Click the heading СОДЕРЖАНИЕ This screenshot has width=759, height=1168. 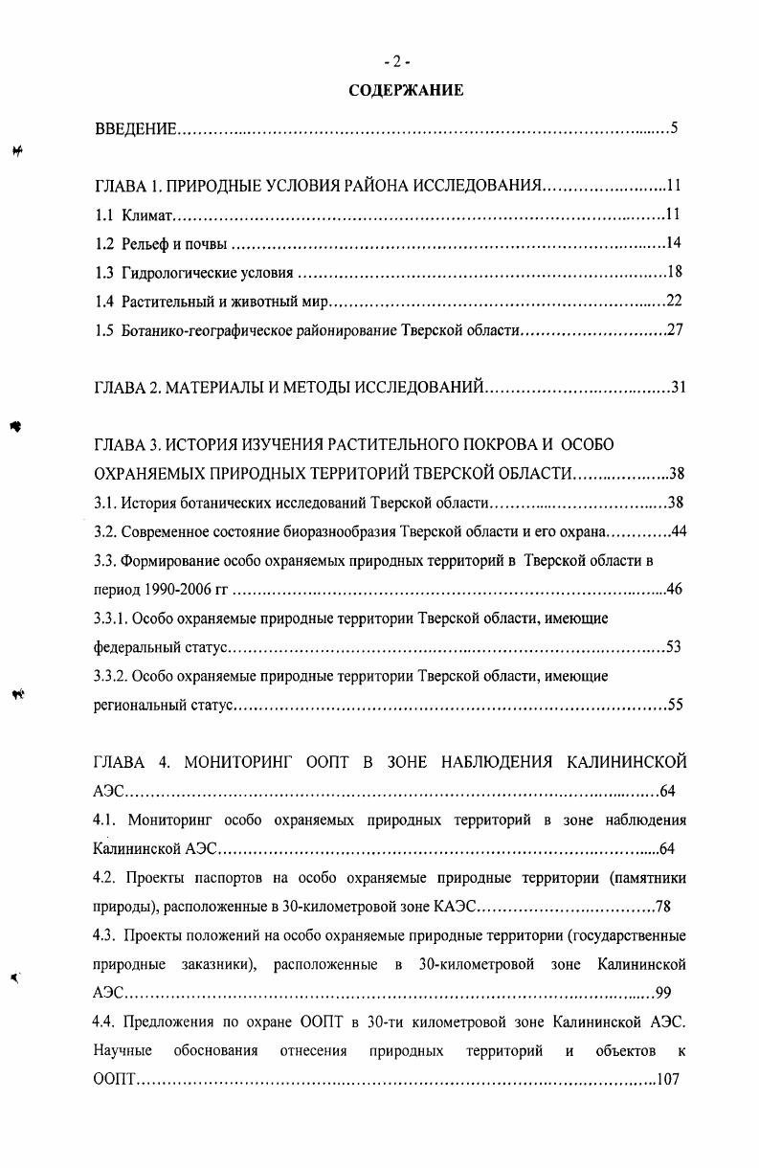click(406, 91)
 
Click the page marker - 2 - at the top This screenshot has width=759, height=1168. click(396, 62)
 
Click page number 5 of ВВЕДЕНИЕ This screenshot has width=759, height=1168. click(674, 128)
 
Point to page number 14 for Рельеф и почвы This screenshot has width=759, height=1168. click(673, 242)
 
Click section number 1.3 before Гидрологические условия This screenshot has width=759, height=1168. click(104, 273)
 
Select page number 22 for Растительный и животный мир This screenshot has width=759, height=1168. click(673, 302)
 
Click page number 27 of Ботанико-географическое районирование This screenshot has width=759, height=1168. click(673, 331)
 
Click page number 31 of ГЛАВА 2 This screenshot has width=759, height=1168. click(679, 388)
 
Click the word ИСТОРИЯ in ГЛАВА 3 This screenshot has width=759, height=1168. click(210, 445)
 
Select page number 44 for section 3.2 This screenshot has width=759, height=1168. click(679, 531)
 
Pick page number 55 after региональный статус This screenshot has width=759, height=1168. click(674, 706)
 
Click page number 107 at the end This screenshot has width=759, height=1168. click(667, 1081)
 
